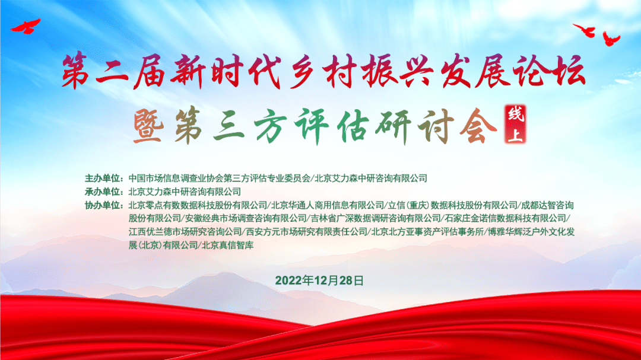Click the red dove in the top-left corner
[26, 27]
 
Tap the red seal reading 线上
[515, 124]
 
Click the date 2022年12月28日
[319, 281]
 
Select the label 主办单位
[104, 178]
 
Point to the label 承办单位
[104, 192]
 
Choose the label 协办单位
[104, 205]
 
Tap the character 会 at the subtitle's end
[478, 127]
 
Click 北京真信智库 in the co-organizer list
[228, 245]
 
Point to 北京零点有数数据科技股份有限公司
[198, 205]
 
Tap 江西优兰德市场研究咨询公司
[185, 232]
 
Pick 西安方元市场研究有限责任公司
[307, 232]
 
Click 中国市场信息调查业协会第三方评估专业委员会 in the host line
[220, 178]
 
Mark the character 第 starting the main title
[76, 72]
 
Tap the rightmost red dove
[611, 39]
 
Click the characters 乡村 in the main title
[322, 72]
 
